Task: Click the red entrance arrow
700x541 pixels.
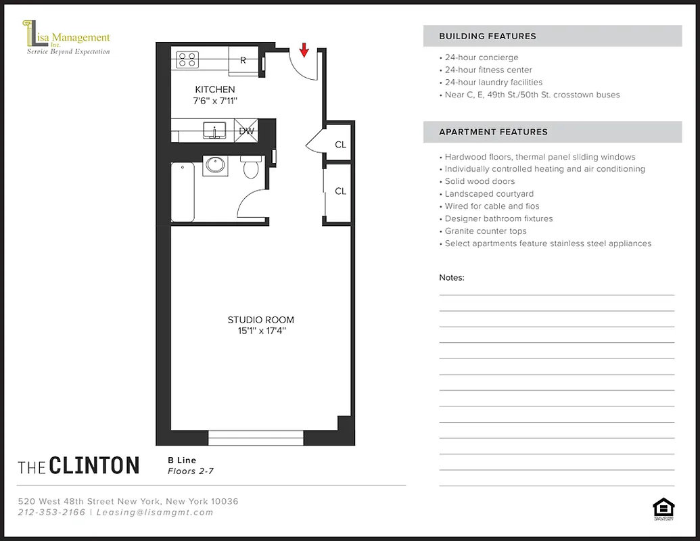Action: pyautogui.click(x=304, y=49)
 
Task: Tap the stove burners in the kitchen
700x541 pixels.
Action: pyautogui.click(x=187, y=60)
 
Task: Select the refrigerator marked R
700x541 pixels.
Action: pyautogui.click(x=243, y=60)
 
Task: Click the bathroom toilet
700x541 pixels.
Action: pyautogui.click(x=251, y=166)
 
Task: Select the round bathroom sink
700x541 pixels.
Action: pyautogui.click(x=216, y=165)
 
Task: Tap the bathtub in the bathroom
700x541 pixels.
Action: pyautogui.click(x=183, y=192)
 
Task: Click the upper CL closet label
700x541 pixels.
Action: pyautogui.click(x=340, y=145)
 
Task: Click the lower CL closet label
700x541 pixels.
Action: pyautogui.click(x=340, y=191)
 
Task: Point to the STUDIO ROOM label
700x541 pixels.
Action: pyautogui.click(x=260, y=320)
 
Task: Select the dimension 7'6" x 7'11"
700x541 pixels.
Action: pyautogui.click(x=215, y=101)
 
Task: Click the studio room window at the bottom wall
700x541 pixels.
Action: pyautogui.click(x=256, y=438)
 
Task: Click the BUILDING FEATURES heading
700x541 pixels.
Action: pyautogui.click(x=487, y=37)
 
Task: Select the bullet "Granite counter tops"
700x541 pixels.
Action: pyautogui.click(x=485, y=231)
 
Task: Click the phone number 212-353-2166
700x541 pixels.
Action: pyautogui.click(x=52, y=513)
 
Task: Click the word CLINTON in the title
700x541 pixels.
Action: pyautogui.click(x=94, y=466)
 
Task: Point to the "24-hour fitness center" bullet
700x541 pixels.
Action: pyautogui.click(x=488, y=70)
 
